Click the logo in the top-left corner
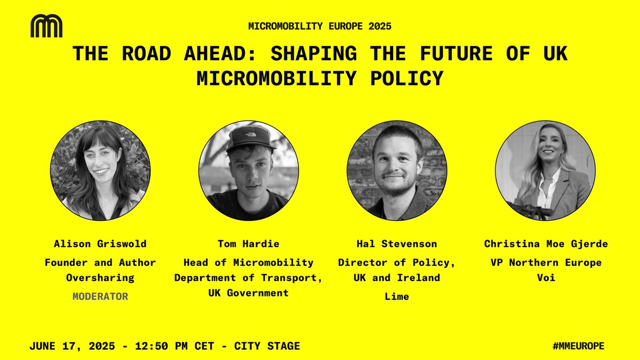click(46, 26)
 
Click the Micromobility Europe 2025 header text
click(320, 26)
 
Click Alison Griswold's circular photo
click(100, 171)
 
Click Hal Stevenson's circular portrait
click(397, 171)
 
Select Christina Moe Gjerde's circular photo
click(545, 171)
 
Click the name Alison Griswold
click(100, 244)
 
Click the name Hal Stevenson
click(396, 244)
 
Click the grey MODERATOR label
click(100, 296)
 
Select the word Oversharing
click(100, 278)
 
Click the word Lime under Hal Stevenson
click(396, 296)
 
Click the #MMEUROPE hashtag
click(578, 346)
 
